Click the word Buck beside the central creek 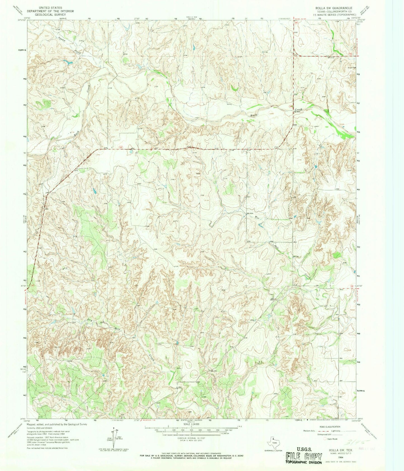click(x=254, y=114)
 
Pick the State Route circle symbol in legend click(x=325, y=439)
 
